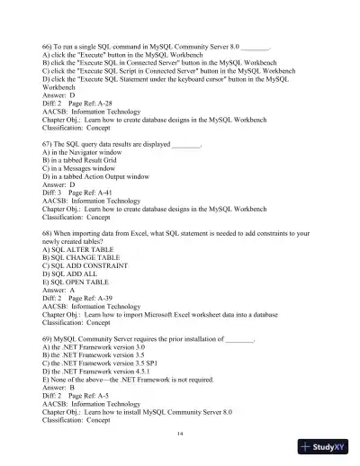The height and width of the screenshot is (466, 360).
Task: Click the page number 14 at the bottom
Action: [x=181, y=432]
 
